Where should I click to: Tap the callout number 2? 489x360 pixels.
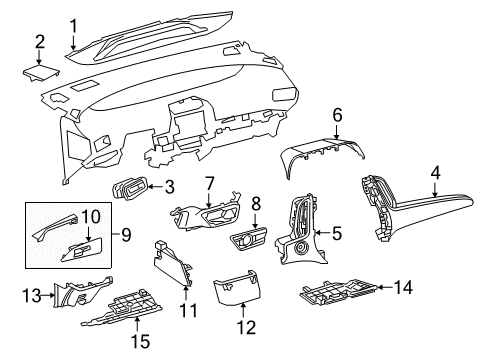[40, 41]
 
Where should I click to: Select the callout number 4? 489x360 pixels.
[435, 172]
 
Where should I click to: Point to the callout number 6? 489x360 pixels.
[338, 116]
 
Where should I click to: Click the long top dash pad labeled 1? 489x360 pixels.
[160, 40]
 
